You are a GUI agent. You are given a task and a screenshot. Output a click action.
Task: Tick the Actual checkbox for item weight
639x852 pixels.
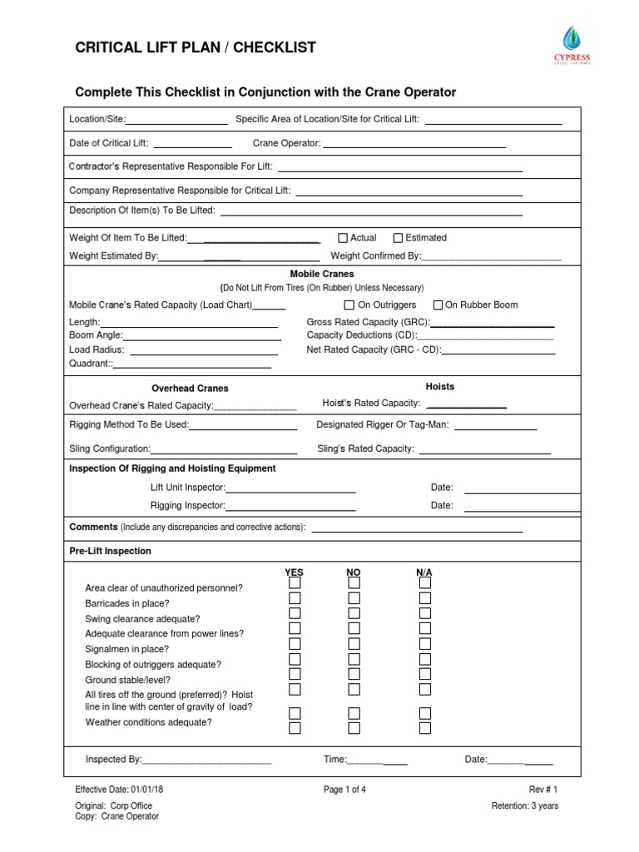[343, 238]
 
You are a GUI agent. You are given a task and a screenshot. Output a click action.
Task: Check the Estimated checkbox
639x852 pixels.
[398, 238]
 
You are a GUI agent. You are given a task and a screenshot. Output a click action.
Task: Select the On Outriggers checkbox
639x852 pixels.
[349, 305]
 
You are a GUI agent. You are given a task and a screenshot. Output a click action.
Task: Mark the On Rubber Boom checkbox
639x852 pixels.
[439, 305]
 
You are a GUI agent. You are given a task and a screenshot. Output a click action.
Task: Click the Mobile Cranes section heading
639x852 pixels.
[321, 274]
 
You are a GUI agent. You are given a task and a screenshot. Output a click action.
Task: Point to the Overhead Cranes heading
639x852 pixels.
[190, 389]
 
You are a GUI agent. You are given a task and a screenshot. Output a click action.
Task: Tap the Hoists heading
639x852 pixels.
[440, 387]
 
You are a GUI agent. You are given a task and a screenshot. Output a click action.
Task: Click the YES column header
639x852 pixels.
[295, 573]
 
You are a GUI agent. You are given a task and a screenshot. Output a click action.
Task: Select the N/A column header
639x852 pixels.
[424, 573]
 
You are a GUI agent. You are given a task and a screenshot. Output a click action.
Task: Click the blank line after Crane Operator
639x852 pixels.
[414, 146]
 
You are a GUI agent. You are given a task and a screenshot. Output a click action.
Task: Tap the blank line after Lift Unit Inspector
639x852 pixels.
[290, 492]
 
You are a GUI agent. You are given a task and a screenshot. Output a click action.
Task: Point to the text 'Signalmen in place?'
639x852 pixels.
[127, 649]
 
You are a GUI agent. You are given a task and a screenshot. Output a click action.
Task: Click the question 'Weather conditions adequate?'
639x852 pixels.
[148, 722]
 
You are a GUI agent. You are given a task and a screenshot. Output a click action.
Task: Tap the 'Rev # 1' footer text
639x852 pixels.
[543, 790]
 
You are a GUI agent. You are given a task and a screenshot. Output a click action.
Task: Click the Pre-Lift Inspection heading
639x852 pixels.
[110, 552]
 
